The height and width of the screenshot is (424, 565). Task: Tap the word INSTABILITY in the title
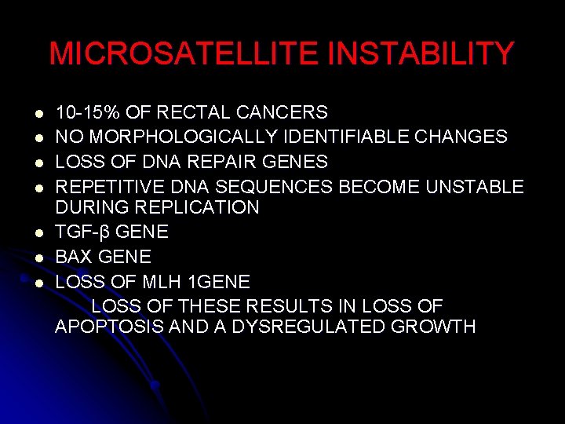421,54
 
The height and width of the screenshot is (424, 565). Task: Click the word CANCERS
281,113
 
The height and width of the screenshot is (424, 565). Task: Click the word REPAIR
205,161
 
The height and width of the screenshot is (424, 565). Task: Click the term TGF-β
82,232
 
